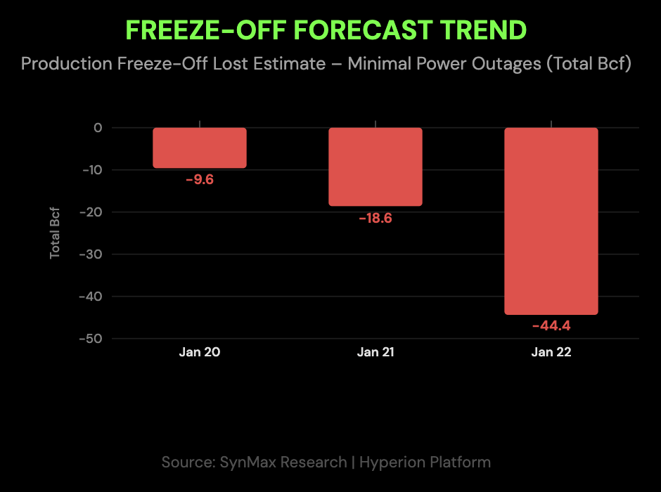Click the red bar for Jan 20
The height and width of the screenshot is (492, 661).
[x=200, y=148]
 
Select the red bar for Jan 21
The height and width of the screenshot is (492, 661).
[x=376, y=167]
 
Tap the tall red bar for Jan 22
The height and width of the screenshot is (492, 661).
[x=551, y=221]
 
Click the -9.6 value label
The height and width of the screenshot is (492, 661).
[x=200, y=179]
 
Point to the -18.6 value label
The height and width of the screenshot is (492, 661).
[x=376, y=218]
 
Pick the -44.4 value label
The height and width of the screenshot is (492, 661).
[x=551, y=325]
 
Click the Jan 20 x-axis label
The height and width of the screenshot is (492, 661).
[x=200, y=353]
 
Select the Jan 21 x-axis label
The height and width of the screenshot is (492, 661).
[x=376, y=353]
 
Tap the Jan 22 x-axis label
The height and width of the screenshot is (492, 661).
[x=551, y=353]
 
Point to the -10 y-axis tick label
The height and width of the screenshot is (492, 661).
[x=91, y=170]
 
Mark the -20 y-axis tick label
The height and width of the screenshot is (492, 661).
[x=91, y=212]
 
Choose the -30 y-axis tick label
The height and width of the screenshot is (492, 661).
[x=91, y=254]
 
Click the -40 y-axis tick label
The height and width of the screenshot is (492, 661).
[x=91, y=297]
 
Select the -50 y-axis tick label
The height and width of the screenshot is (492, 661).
[x=91, y=339]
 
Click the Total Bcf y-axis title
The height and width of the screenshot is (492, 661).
[x=56, y=233]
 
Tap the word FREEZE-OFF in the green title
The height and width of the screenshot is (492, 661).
[x=205, y=30]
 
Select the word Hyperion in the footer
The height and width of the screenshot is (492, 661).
[x=394, y=462]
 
